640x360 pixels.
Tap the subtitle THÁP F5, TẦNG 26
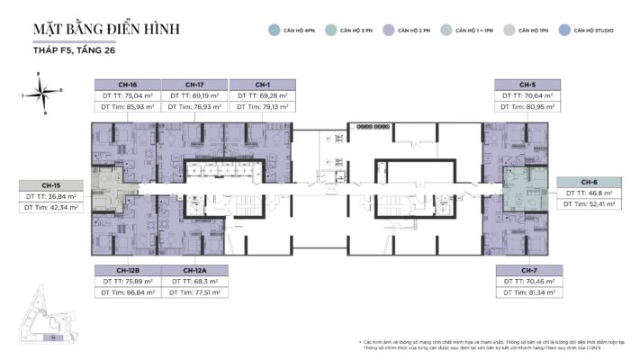pyautogui.click(x=70, y=52)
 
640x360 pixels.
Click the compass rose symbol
pyautogui.click(x=45, y=92)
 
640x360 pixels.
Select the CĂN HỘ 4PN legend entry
pyautogui.click(x=296, y=30)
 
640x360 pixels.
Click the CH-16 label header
pyautogui.click(x=128, y=85)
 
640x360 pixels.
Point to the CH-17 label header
pyautogui.click(x=194, y=85)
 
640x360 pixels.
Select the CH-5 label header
pyautogui.click(x=527, y=85)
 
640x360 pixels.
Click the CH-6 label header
pyautogui.click(x=589, y=182)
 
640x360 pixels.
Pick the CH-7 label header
pyautogui.click(x=527, y=270)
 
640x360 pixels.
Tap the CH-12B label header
pyautogui.click(x=128, y=270)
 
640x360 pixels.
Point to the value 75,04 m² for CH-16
pyautogui.click(x=136, y=94)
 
